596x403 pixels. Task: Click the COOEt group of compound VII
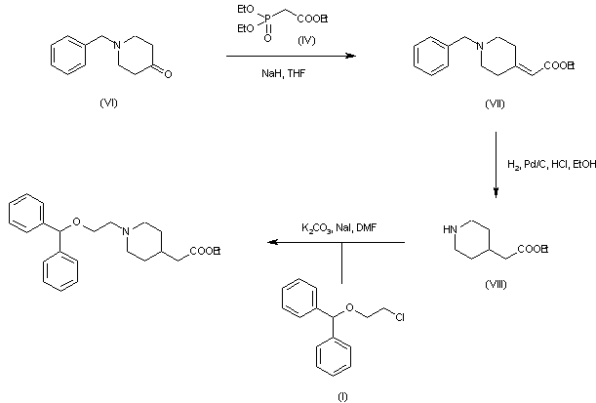(559, 67)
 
